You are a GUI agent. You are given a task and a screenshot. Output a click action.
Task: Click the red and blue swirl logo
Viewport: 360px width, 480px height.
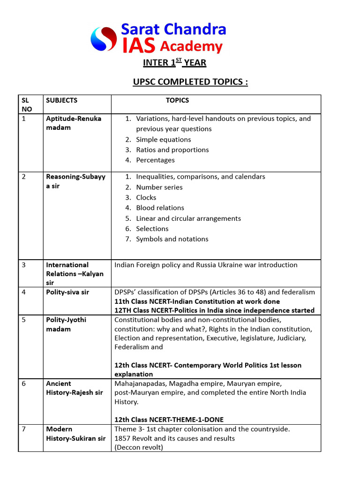(x=104, y=38)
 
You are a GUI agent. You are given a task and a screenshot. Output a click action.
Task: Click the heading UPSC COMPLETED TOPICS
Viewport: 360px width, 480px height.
(x=190, y=82)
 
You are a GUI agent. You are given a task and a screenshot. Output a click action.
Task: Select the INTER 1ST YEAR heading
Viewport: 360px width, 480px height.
(x=174, y=62)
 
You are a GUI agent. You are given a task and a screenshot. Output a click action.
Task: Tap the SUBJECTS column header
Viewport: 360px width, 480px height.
(x=62, y=100)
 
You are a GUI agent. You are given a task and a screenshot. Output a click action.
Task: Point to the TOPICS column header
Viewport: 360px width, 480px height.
(x=177, y=100)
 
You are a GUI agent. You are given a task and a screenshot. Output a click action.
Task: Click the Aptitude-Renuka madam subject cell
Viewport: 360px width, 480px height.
(x=74, y=123)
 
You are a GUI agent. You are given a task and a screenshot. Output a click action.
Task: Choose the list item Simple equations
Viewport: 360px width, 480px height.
(x=163, y=139)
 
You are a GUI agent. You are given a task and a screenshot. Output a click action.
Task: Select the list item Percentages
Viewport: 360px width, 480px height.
(x=155, y=160)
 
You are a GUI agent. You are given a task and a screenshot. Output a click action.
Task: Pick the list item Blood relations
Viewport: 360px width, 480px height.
(x=160, y=208)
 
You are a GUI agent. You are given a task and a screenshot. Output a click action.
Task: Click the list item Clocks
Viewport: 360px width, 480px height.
(x=146, y=197)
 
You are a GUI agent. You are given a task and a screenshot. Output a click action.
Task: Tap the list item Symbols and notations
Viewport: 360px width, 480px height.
(x=172, y=239)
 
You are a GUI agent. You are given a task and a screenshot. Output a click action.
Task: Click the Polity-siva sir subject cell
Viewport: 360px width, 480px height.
(x=67, y=292)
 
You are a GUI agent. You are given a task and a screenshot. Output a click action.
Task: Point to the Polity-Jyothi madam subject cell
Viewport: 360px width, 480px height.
(x=66, y=324)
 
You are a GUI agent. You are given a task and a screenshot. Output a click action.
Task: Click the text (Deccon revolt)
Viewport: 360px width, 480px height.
(x=139, y=447)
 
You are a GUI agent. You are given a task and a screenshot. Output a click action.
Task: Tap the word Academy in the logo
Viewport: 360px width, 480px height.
(x=191, y=46)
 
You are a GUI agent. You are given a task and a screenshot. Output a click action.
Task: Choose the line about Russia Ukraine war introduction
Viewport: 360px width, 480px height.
(x=206, y=265)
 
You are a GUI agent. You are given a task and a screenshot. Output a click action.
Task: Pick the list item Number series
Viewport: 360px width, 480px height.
(x=159, y=187)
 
